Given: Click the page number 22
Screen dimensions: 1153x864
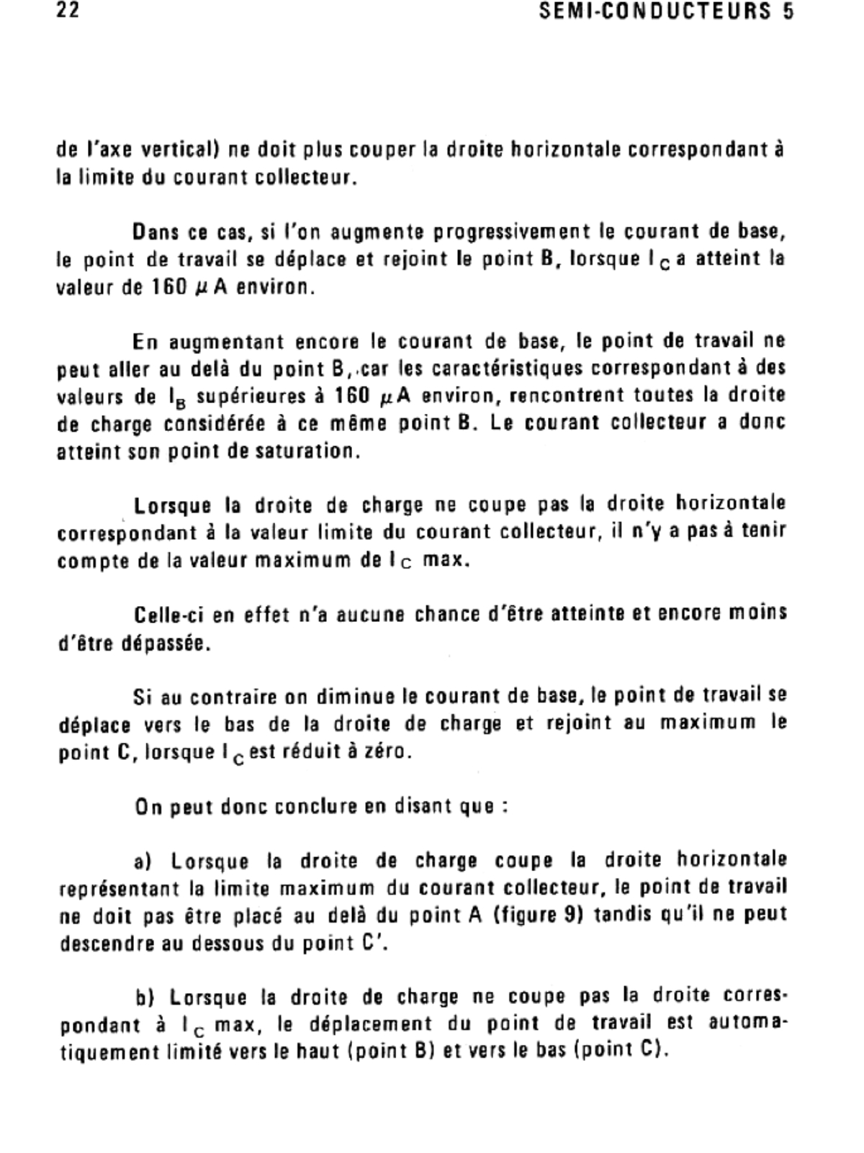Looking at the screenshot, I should point(68,12).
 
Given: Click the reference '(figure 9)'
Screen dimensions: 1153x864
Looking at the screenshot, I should point(537,916).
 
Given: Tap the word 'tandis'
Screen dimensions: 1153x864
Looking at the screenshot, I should point(631,916).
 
